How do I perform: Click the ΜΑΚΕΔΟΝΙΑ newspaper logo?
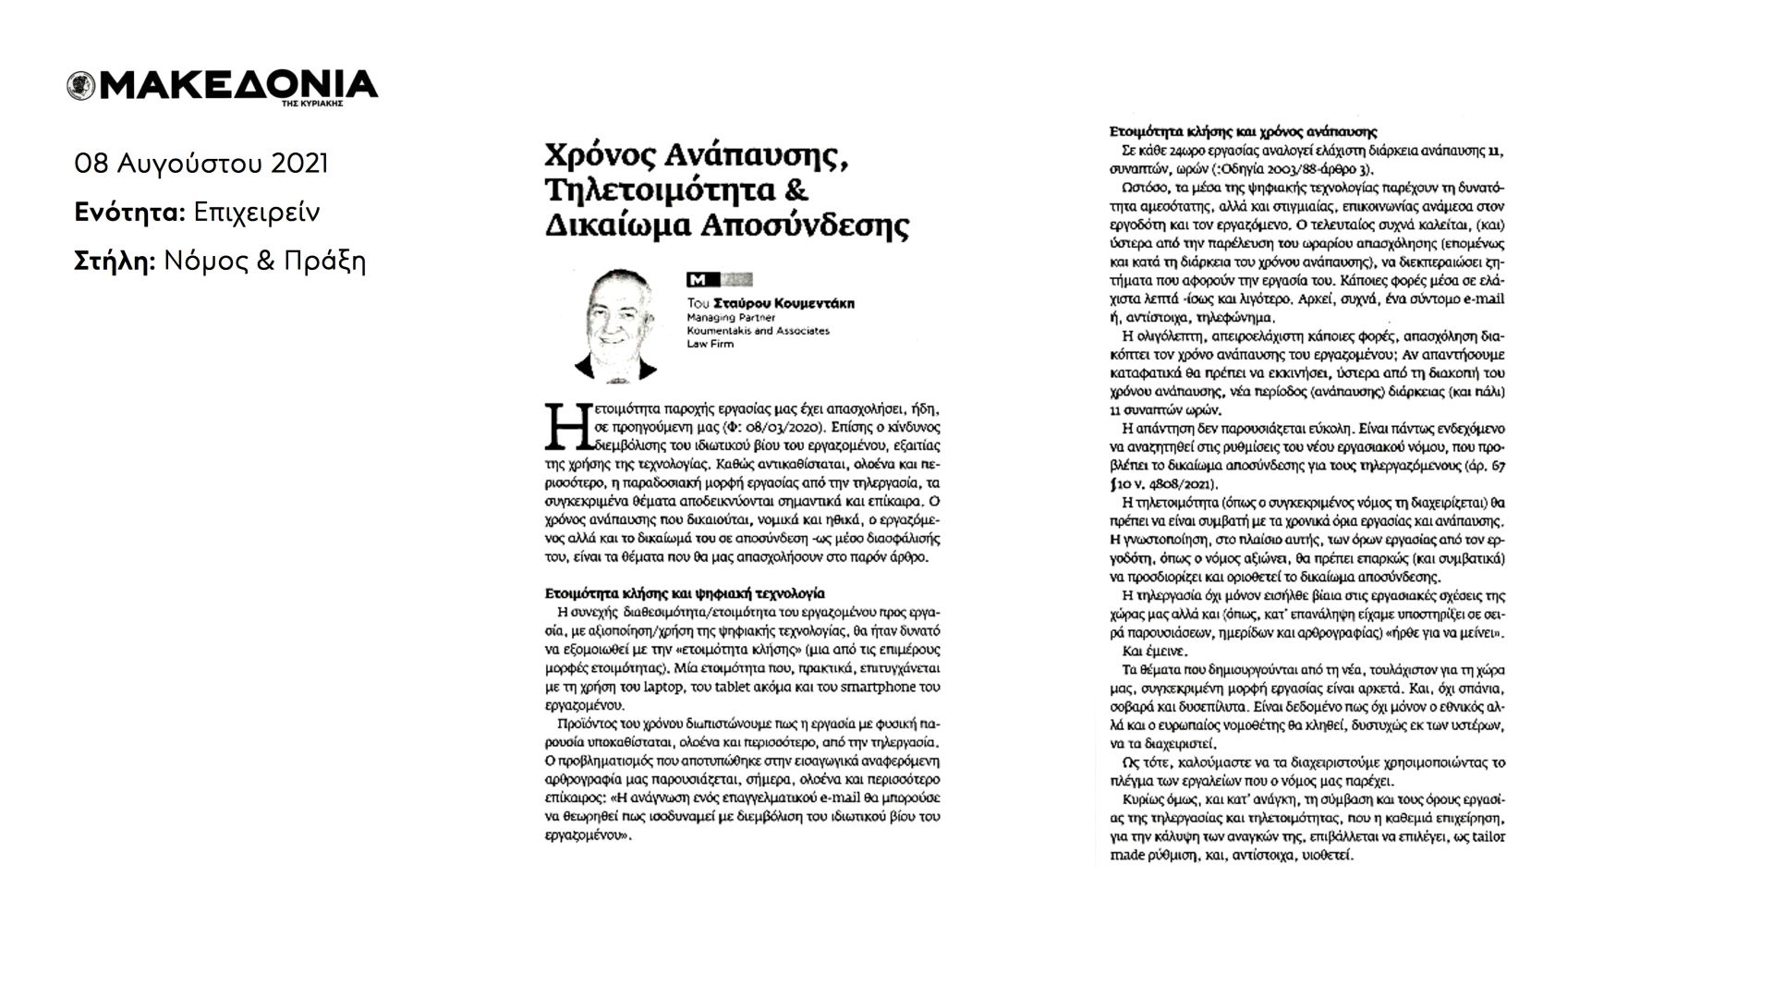pos(236,85)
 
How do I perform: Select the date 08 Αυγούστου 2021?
pos(201,164)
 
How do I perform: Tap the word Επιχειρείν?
pos(256,213)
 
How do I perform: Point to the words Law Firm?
pos(711,344)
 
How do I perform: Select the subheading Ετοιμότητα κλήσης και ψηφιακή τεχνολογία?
pos(680,592)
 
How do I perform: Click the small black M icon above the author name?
pos(698,280)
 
